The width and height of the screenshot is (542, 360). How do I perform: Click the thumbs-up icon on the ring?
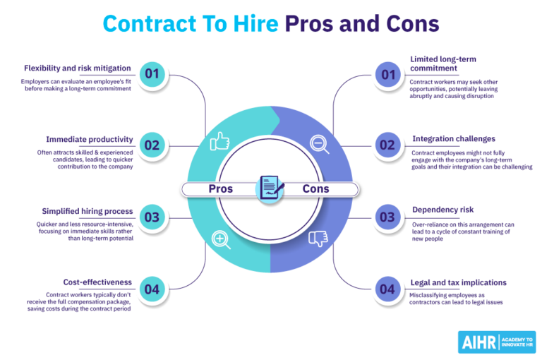(x=219, y=141)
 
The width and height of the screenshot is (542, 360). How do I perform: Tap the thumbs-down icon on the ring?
(x=318, y=239)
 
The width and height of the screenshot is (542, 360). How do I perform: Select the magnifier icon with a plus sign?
(x=221, y=240)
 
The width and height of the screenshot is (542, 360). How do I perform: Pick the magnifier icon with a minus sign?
(x=320, y=144)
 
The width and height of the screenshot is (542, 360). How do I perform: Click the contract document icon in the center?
(x=272, y=188)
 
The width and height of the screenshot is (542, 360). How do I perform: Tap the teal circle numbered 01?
(x=152, y=74)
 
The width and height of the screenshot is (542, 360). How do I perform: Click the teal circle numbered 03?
(x=152, y=217)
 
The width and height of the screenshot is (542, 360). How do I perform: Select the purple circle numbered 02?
(x=388, y=145)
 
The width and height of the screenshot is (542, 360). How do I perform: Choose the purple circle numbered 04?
(x=388, y=289)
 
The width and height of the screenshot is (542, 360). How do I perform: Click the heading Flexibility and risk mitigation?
(x=78, y=68)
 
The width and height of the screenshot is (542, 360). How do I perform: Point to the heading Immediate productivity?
(x=90, y=139)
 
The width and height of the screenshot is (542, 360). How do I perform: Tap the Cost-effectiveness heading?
(x=97, y=282)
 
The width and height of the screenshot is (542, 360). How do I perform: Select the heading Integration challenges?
(x=454, y=139)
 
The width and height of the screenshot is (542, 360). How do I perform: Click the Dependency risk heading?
(x=442, y=210)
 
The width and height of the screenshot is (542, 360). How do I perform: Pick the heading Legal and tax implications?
(x=458, y=283)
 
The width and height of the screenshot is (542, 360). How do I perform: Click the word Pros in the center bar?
(x=220, y=188)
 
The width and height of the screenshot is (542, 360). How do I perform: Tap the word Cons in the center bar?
(x=315, y=188)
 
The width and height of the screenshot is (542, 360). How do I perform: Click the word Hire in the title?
(x=255, y=24)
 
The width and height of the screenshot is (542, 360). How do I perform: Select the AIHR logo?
(x=497, y=342)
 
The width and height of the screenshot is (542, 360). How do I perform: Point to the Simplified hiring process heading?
(x=88, y=211)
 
